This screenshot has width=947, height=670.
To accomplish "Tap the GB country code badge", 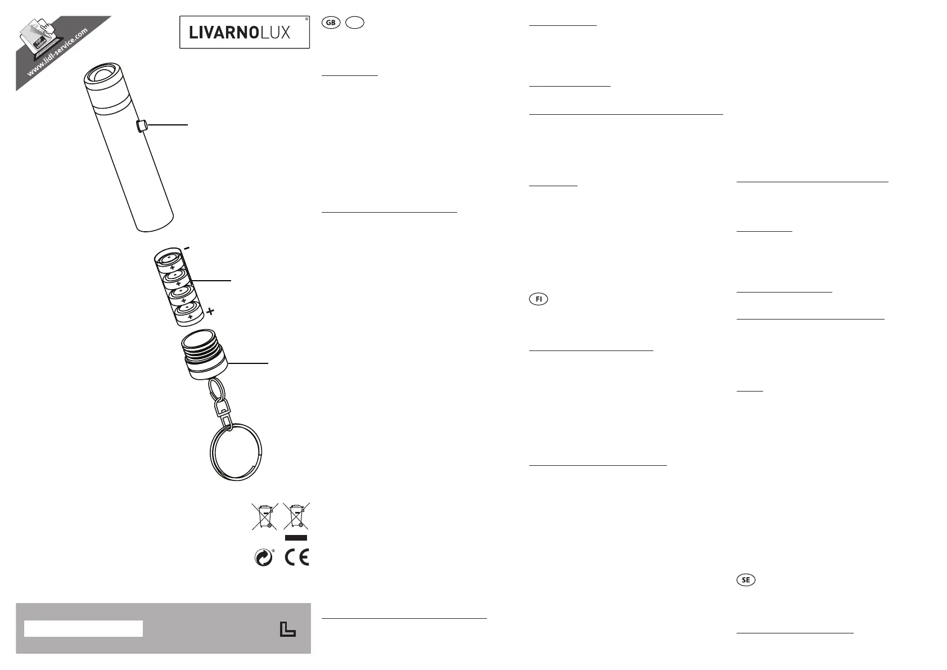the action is click(331, 23).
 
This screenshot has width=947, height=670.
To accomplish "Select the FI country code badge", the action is click(538, 299).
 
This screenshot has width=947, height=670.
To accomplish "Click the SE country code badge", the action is click(746, 580).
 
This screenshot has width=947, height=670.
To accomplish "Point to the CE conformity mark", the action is click(297, 557).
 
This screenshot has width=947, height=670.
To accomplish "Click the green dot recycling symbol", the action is click(264, 557).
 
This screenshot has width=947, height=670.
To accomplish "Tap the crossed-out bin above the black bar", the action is click(296, 516).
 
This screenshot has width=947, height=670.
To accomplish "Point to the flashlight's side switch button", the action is click(141, 125).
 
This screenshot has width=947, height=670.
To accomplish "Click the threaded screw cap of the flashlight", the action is click(205, 354).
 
